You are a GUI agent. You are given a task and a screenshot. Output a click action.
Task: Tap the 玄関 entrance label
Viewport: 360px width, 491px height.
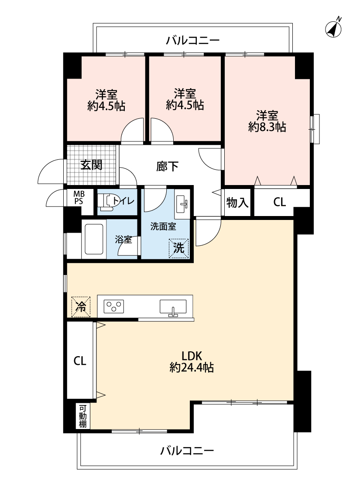coord(91,165)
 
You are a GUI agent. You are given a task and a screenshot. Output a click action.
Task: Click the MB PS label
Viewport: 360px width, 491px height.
coord(79,198)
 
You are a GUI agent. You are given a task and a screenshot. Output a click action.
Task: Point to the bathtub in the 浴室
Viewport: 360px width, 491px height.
coord(93,239)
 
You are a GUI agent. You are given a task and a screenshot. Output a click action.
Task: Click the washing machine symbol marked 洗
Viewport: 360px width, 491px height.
coord(179,248)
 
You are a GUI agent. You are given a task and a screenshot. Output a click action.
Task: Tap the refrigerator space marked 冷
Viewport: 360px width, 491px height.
coord(81,307)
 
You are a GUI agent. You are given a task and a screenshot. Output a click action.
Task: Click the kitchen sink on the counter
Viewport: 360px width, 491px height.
coord(173,307)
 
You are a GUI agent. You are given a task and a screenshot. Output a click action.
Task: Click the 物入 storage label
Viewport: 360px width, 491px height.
coord(237,203)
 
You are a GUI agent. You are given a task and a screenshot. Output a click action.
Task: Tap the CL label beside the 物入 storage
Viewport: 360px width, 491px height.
coord(280,202)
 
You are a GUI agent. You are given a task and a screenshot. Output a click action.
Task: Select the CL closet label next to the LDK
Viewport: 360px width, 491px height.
coord(80,361)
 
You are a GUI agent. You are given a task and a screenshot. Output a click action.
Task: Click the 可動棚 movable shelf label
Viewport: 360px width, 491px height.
coord(82,416)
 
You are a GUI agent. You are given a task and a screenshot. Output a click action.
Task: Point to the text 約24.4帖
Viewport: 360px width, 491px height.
coord(192,367)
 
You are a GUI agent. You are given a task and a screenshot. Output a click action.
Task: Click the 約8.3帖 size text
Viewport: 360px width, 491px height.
coord(267,127)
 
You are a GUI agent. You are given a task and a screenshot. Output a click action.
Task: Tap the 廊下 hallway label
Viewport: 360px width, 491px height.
coord(168,166)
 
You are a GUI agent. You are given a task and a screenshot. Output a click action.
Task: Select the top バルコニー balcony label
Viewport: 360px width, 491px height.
coord(193,41)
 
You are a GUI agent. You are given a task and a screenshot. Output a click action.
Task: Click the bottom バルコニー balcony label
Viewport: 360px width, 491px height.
coord(187,450)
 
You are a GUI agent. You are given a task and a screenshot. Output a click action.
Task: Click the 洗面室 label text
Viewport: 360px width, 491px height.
coord(163,227)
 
